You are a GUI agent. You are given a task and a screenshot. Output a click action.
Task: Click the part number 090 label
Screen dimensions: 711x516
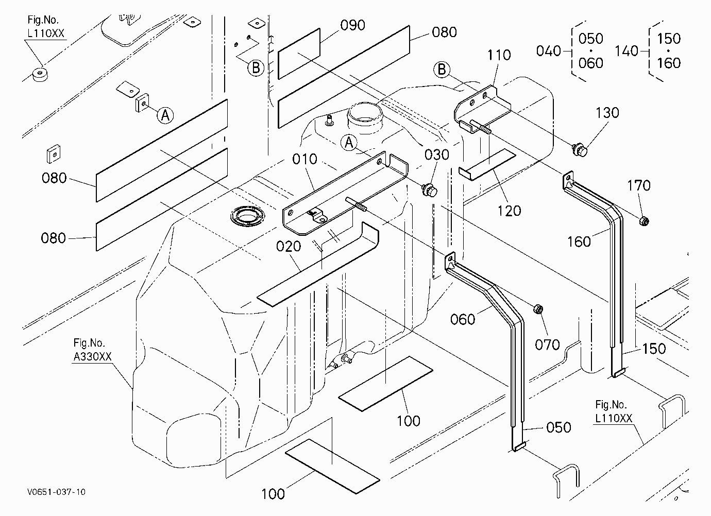point(352,25)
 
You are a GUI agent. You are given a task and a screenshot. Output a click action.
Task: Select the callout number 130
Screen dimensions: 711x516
point(607,113)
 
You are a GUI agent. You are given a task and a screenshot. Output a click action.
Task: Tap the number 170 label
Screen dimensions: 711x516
point(639,185)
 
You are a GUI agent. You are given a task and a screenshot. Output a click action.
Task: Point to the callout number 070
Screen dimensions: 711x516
point(547,345)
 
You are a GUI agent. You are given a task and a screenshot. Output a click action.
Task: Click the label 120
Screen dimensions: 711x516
point(509,211)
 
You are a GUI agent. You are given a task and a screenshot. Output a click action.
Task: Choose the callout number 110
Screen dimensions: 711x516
point(499,55)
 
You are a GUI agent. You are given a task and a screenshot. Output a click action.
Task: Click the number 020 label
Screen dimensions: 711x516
point(289,247)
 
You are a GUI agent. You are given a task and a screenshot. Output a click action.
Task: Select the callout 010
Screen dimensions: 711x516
point(304,159)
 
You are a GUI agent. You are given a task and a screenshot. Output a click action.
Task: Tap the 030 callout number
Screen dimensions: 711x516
point(437,155)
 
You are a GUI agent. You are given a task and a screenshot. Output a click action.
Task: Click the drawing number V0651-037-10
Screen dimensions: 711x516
point(56,492)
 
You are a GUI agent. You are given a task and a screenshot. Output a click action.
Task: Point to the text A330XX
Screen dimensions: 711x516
point(92,357)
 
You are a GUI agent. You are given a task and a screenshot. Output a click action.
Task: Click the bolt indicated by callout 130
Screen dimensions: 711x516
point(580,150)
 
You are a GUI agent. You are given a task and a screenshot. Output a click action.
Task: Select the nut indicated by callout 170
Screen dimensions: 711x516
point(644,221)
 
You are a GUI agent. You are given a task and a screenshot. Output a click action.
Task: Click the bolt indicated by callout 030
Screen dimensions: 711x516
point(430,190)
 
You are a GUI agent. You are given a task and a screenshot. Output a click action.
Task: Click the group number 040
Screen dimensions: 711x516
point(549,51)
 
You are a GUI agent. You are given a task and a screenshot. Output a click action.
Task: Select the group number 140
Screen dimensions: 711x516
point(627,51)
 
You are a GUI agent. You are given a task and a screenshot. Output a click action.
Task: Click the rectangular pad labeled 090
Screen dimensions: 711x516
point(299,54)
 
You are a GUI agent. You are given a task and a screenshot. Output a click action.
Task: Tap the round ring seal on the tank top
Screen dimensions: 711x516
point(247,216)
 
